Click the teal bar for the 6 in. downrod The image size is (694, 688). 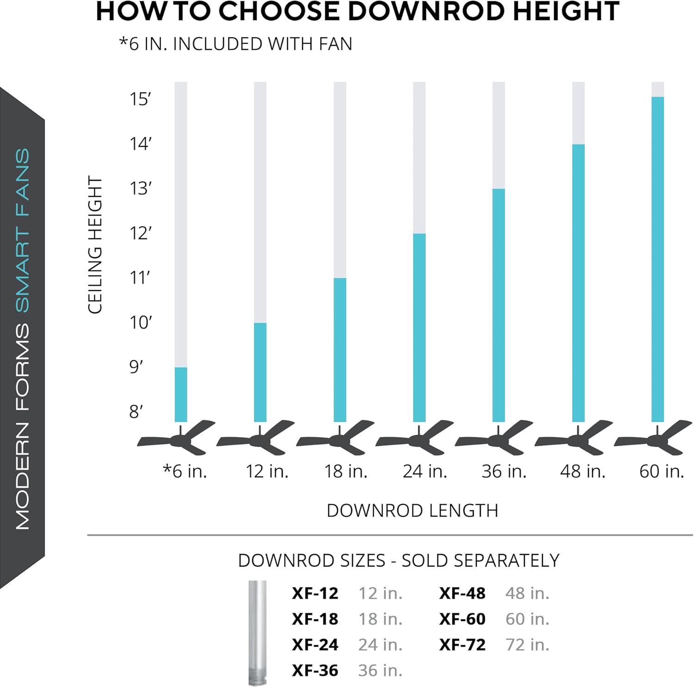pyautogui.click(x=181, y=394)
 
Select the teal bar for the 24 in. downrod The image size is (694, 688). pyautogui.click(x=419, y=328)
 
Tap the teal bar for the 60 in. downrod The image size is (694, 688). pyautogui.click(x=657, y=259)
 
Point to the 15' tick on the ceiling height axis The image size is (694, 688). pyautogui.click(x=140, y=99)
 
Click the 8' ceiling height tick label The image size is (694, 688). pyautogui.click(x=136, y=411)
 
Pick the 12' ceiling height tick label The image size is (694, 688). pyautogui.click(x=140, y=233)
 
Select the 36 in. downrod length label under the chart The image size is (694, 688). pyautogui.click(x=504, y=471)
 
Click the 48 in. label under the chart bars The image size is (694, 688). pyautogui.click(x=582, y=471)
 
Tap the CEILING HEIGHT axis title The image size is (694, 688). pyautogui.click(x=95, y=245)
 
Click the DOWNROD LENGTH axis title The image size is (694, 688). pyautogui.click(x=412, y=511)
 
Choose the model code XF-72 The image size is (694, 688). pyautogui.click(x=462, y=645)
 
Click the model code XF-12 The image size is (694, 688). pyautogui.click(x=315, y=593)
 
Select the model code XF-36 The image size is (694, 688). pyautogui.click(x=315, y=670)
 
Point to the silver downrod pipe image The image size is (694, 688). pyautogui.click(x=258, y=632)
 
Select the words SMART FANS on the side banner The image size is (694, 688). pyautogui.click(x=22, y=230)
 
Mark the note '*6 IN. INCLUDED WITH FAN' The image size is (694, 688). pyautogui.click(x=235, y=44)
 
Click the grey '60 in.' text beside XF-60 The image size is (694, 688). pyautogui.click(x=527, y=619)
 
